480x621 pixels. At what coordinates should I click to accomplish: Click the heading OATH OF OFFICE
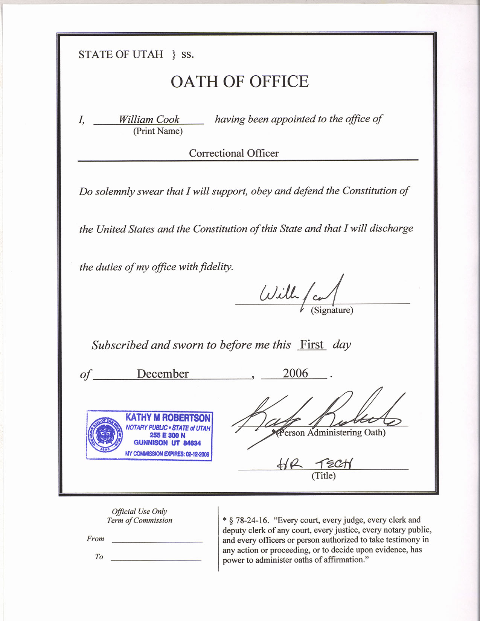click(x=239, y=82)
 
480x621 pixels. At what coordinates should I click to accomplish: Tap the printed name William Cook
click(x=149, y=119)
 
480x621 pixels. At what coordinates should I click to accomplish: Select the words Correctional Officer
click(x=234, y=153)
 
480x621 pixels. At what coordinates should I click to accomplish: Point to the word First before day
click(x=312, y=344)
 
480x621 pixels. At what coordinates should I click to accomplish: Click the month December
click(x=163, y=374)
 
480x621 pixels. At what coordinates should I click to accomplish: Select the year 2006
click(x=296, y=373)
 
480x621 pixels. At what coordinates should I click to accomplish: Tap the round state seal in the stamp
click(x=105, y=435)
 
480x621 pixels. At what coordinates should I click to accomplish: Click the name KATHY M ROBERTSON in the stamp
click(x=168, y=418)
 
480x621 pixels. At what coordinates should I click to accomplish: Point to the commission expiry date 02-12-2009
click(x=197, y=454)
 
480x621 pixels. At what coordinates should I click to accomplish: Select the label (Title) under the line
click(x=323, y=476)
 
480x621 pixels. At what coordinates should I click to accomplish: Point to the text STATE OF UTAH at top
click(x=121, y=55)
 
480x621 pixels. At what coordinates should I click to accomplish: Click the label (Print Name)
click(x=158, y=131)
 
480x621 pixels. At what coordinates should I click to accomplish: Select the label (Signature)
click(x=332, y=310)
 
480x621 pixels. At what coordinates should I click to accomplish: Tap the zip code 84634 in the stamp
click(x=192, y=443)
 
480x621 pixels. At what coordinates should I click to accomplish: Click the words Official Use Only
click(x=139, y=511)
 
